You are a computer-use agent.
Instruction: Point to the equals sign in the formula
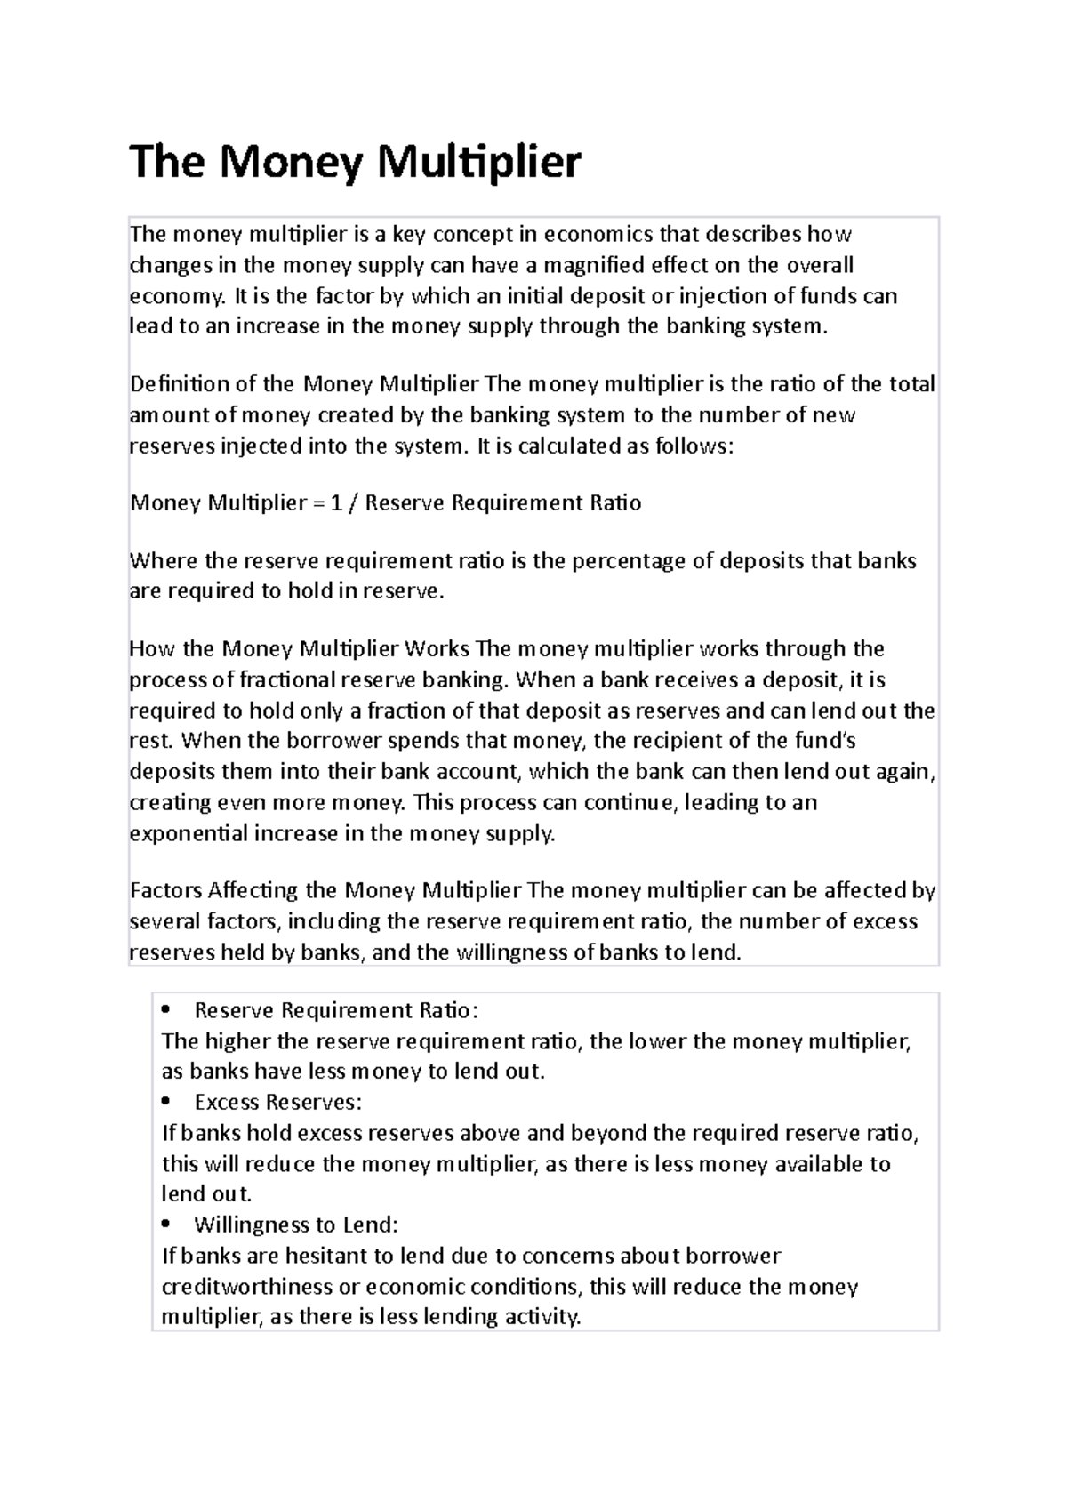pyautogui.click(x=318, y=503)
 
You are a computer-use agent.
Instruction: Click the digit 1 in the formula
pyautogui.click(x=336, y=503)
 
